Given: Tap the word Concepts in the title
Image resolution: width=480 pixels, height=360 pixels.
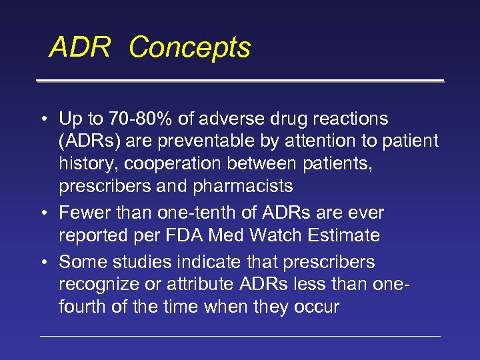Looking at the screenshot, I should pos(190,47).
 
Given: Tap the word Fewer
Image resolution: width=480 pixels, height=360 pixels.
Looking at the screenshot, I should pos(83,213).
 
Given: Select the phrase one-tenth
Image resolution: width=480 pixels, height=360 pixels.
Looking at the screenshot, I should pos(190,213).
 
